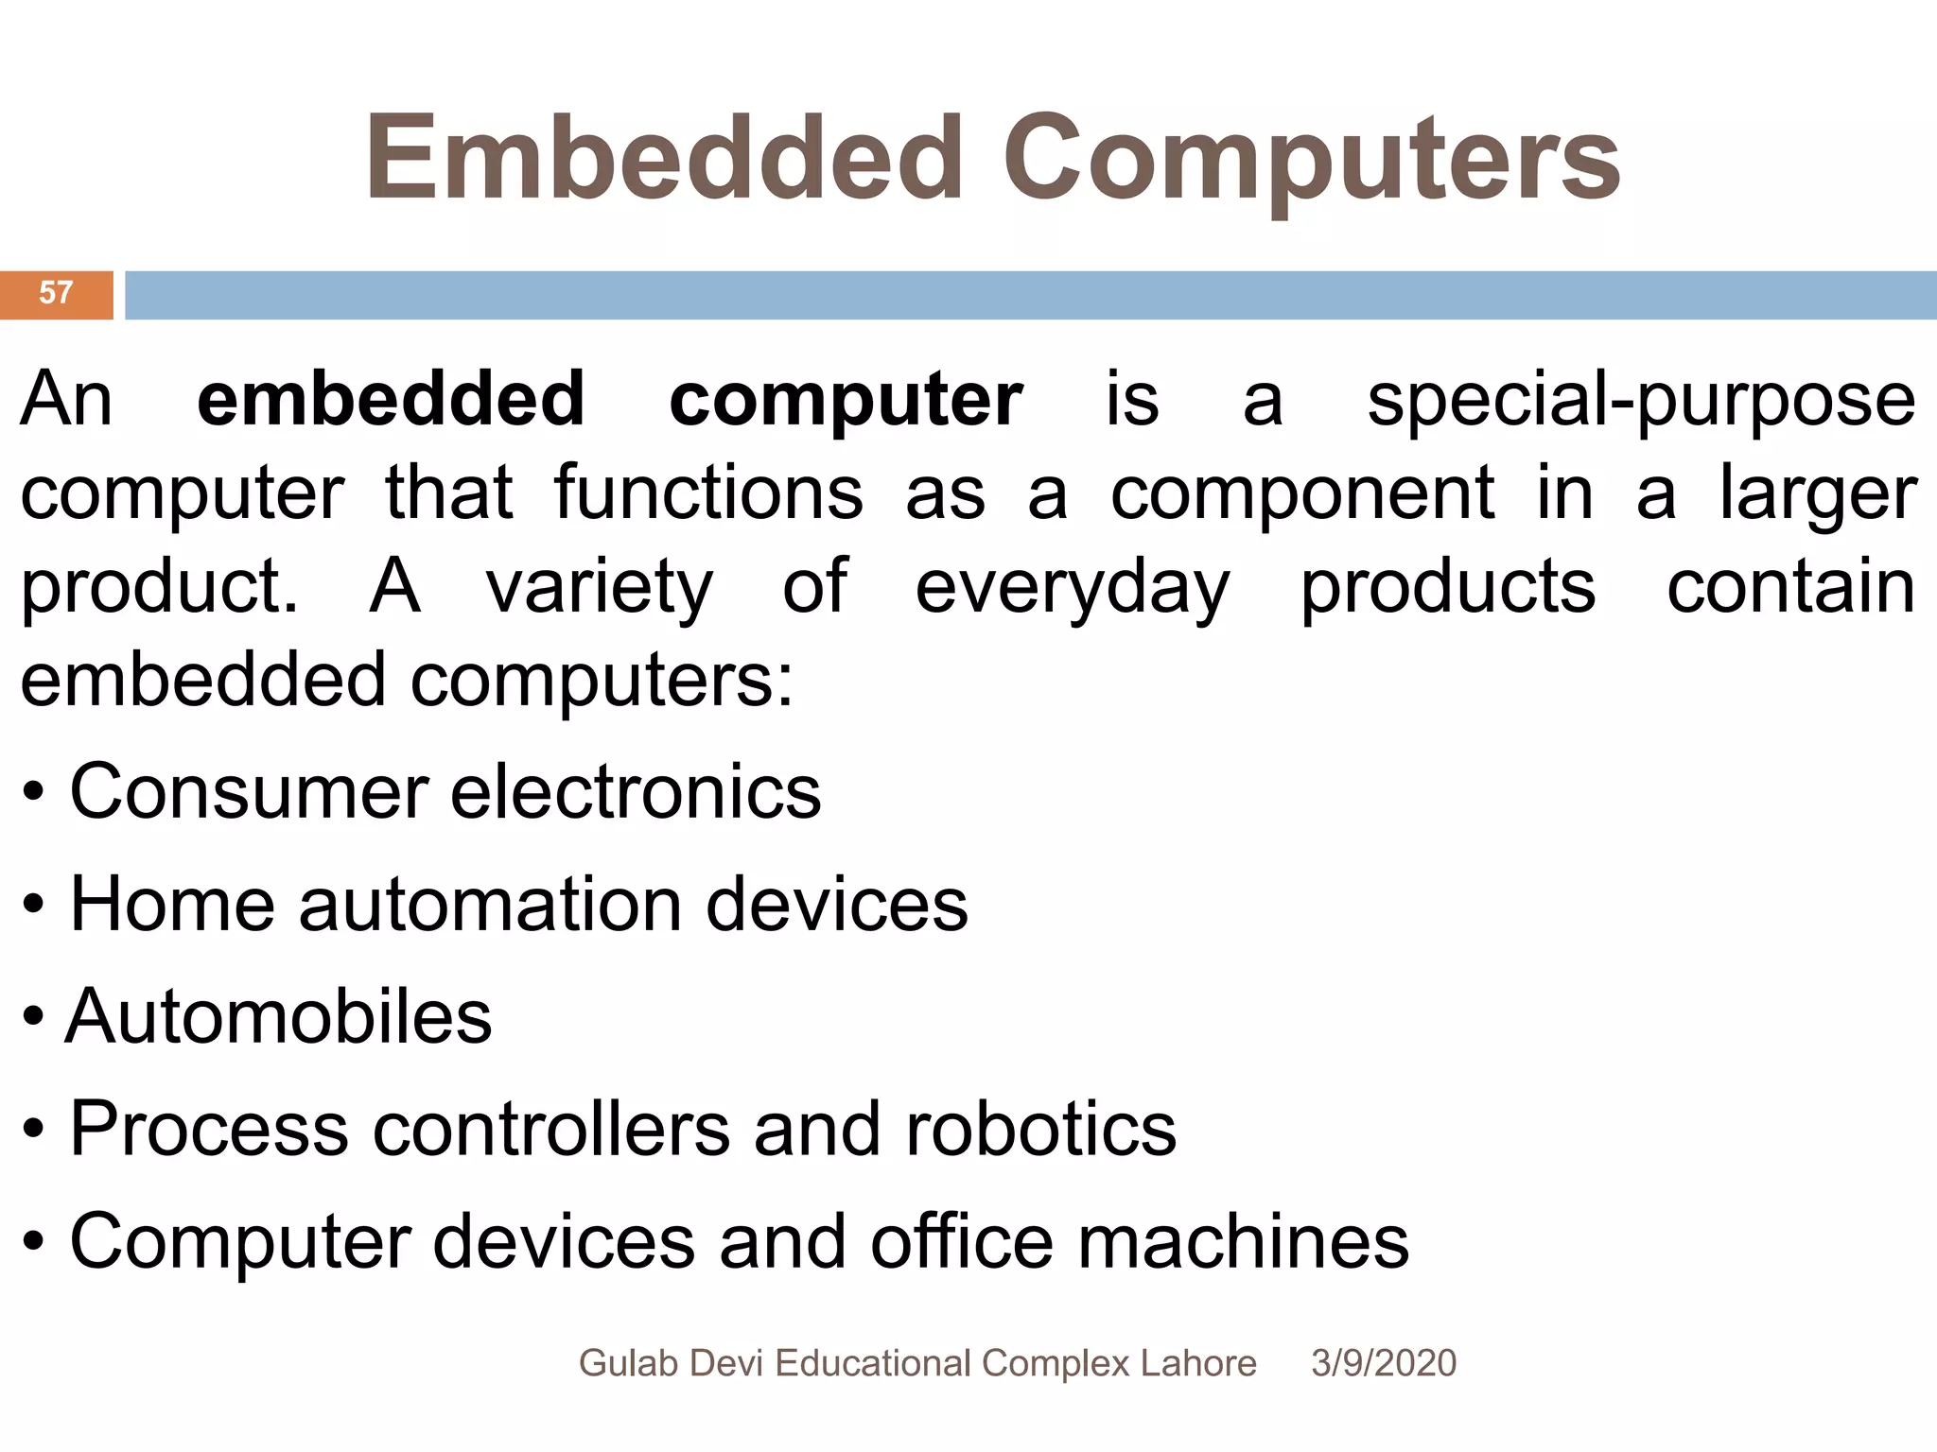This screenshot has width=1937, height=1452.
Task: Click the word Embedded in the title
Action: click(664, 159)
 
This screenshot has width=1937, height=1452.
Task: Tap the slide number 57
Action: click(56, 293)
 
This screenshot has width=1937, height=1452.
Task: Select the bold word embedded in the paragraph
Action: click(391, 400)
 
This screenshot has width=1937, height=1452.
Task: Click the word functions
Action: click(708, 493)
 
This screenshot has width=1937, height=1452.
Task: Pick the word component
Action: click(1302, 494)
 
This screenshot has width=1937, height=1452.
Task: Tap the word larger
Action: click(1818, 494)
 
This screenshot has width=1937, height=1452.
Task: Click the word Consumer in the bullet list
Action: click(249, 792)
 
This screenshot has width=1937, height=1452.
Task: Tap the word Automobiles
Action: click(279, 1017)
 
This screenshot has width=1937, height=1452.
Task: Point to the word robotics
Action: click(1040, 1129)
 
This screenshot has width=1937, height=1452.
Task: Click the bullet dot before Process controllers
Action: click(34, 1130)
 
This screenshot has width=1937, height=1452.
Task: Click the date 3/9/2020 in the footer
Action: click(1384, 1363)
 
